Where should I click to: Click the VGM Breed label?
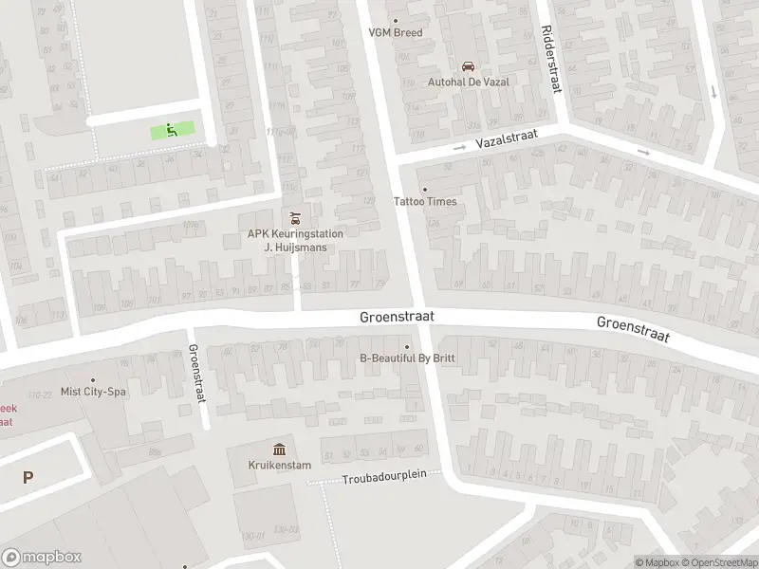[396, 32]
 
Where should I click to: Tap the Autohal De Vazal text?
[468, 82]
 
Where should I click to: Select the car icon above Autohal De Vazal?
[467, 65]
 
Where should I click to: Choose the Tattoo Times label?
[425, 201]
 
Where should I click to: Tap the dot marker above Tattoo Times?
[424, 189]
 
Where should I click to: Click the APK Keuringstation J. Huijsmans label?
[295, 240]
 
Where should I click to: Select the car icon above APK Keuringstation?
[294, 216]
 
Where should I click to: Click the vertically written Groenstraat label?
[197, 374]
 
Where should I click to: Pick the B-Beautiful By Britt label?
[408, 358]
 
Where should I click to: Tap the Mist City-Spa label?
[93, 391]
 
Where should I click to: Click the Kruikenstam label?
[280, 465]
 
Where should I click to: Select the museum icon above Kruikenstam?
[280, 449]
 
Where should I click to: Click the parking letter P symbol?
[28, 479]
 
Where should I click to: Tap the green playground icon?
[172, 131]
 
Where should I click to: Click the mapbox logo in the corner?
[42, 558]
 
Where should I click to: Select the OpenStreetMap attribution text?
[718, 562]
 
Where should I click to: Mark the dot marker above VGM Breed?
[396, 20]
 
